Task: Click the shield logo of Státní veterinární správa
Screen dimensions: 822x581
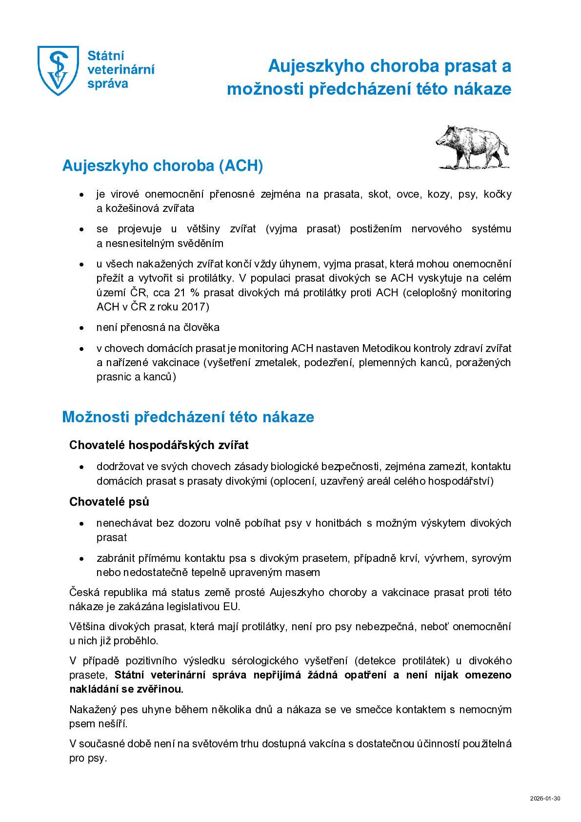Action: pos(58,70)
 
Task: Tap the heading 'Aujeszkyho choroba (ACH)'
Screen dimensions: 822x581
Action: pos(162,166)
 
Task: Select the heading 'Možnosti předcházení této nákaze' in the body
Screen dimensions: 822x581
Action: pos(188,417)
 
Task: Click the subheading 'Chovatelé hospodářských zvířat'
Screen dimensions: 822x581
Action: pos(159,445)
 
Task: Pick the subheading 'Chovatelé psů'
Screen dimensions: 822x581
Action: pos(109,502)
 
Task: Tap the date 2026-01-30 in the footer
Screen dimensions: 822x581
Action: pos(544,799)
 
